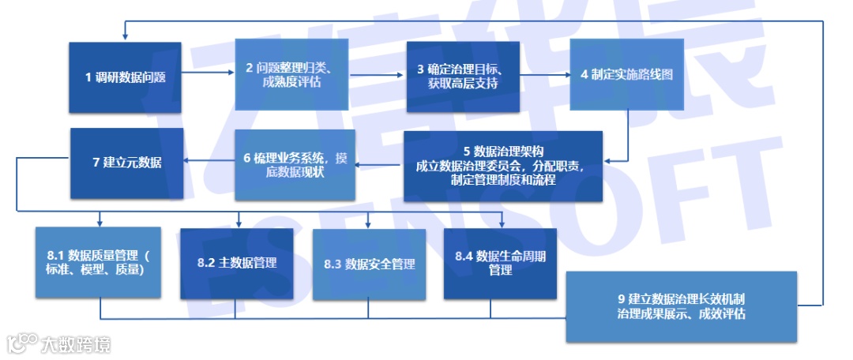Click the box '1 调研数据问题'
tap(124, 77)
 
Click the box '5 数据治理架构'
tap(503, 165)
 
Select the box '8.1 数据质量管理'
tap(98, 262)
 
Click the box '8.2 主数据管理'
tap(236, 263)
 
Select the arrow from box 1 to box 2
tap(208, 76)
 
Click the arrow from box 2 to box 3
tap(378, 76)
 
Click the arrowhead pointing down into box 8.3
tap(368, 223)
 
